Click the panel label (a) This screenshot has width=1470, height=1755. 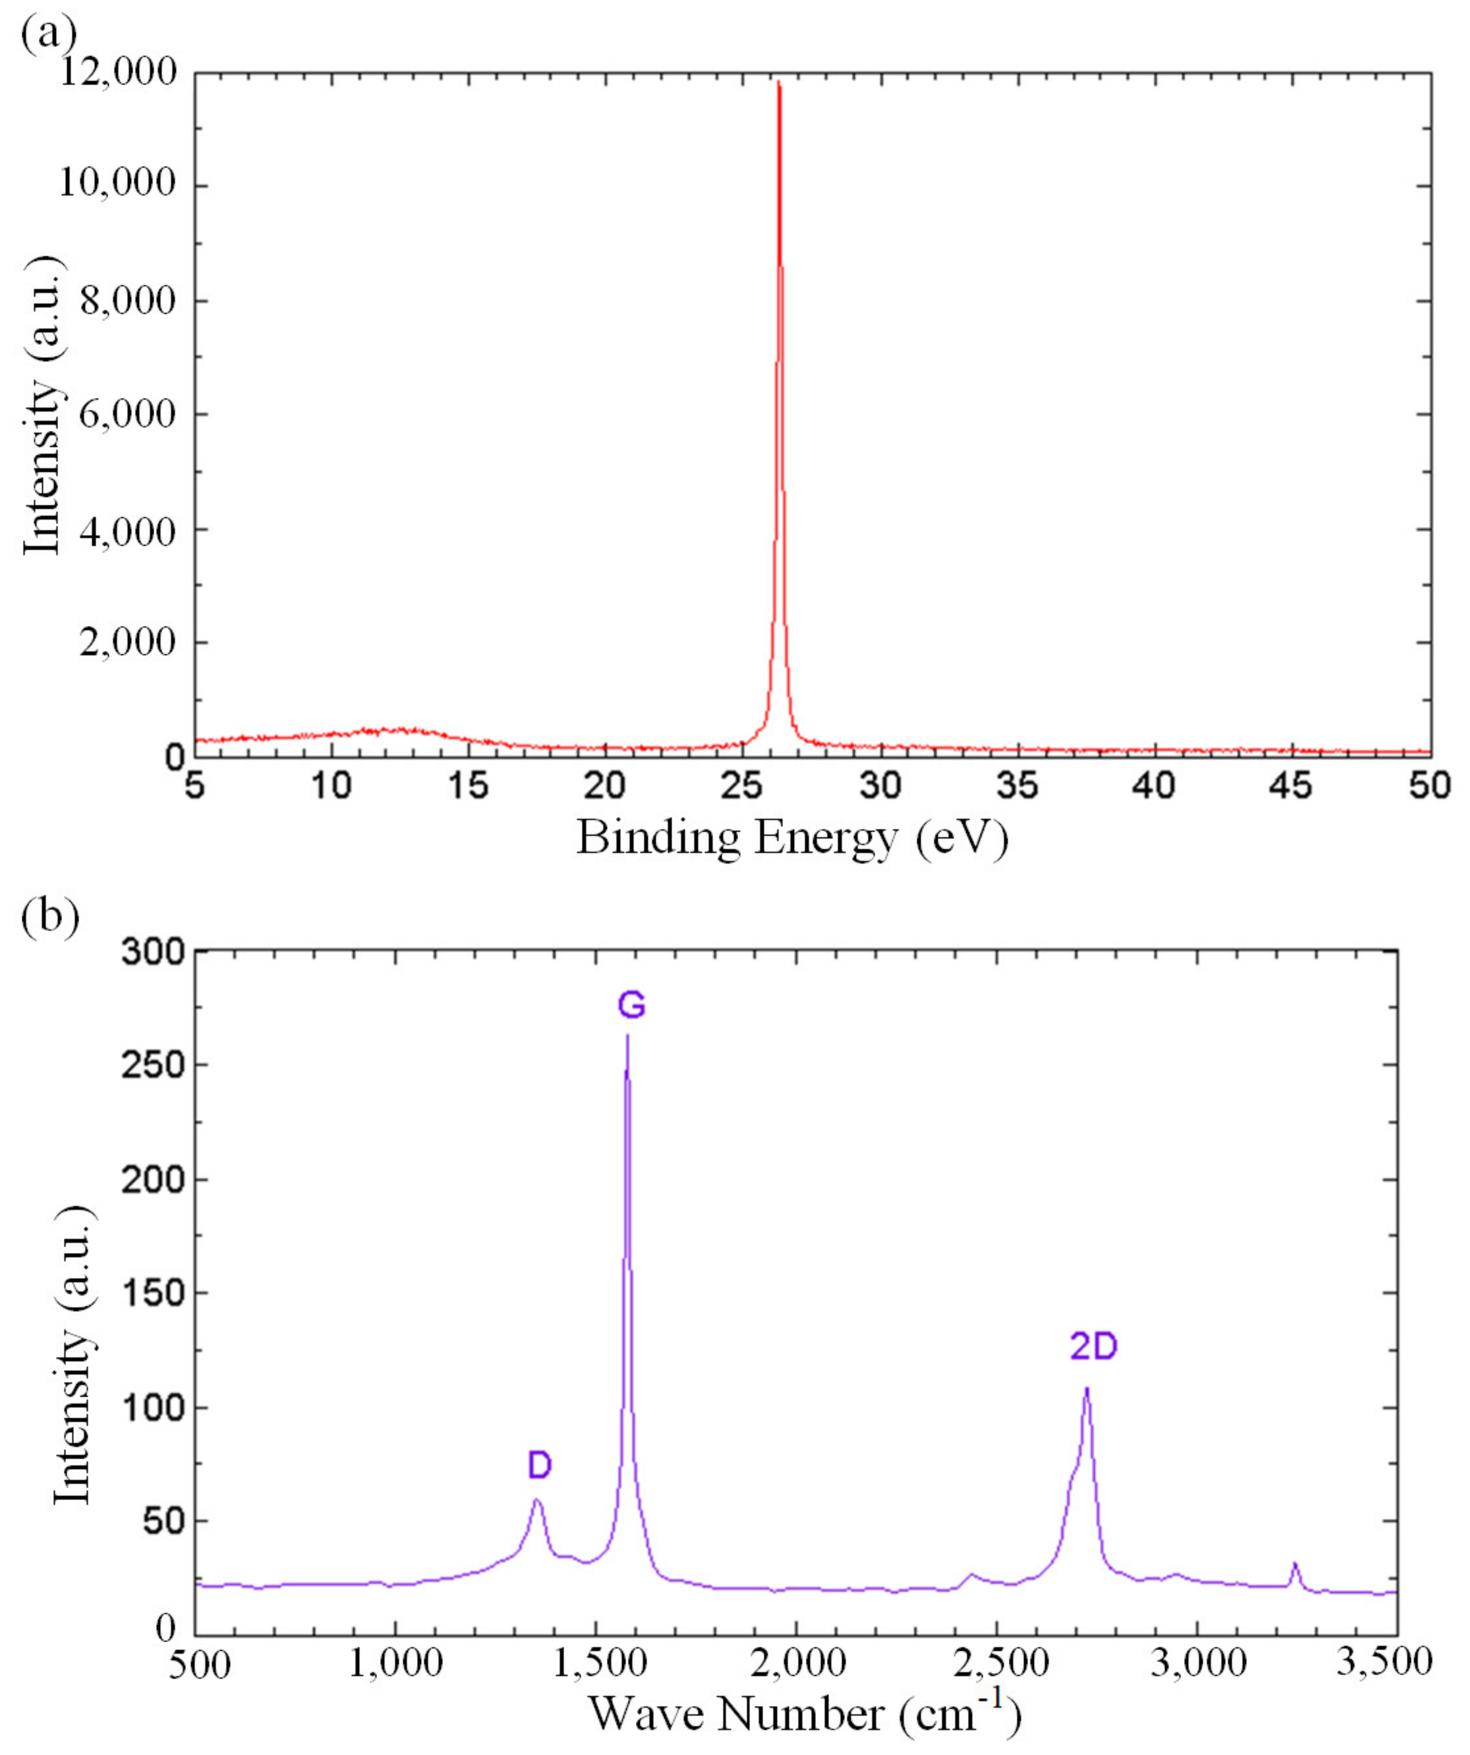pyautogui.click(x=48, y=35)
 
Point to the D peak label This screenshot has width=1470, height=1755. pyautogui.click(x=539, y=1465)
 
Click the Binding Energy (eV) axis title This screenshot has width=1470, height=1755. pyautogui.click(x=792, y=838)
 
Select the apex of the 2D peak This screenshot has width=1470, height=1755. pyautogui.click(x=1087, y=1388)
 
